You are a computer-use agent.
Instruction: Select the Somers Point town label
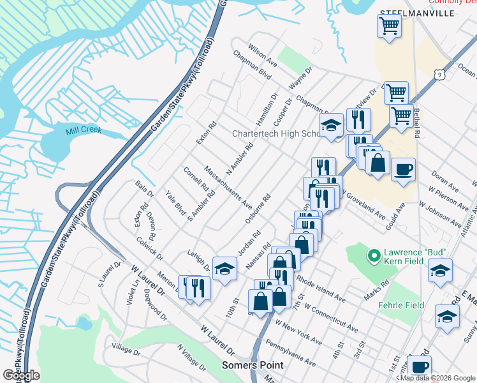pyautogui.click(x=246, y=365)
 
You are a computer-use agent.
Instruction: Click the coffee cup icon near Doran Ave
pyautogui.click(x=403, y=170)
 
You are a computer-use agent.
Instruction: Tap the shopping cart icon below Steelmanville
pyautogui.click(x=389, y=26)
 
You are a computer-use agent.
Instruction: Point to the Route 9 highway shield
pyautogui.click(x=439, y=75)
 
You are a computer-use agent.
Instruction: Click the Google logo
pyautogui.click(x=22, y=375)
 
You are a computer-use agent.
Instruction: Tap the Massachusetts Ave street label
pyautogui.click(x=228, y=187)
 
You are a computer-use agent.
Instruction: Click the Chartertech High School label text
pyautogui.click(x=275, y=134)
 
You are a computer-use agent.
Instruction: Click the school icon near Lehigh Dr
pyautogui.click(x=224, y=269)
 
